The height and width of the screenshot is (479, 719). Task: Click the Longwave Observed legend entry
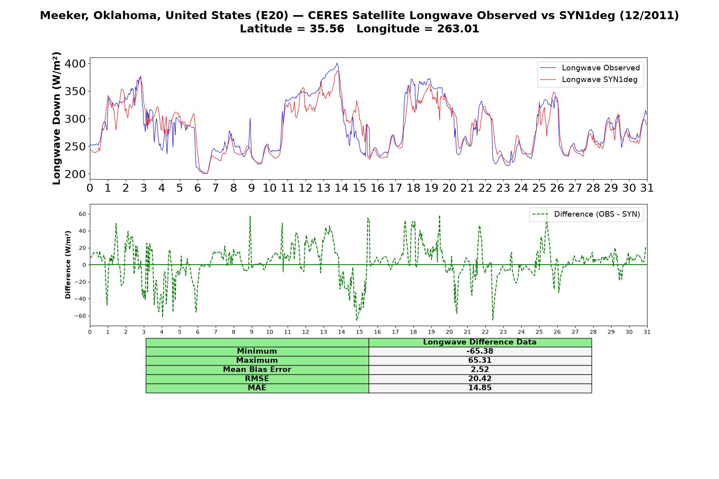[590, 68]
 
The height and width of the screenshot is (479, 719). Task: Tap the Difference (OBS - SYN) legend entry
[586, 214]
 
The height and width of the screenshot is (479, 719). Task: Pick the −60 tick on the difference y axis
[79, 316]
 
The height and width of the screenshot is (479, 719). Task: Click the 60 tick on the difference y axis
[82, 214]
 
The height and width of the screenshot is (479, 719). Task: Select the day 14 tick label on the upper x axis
[341, 188]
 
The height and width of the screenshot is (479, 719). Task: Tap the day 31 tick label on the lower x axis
[647, 332]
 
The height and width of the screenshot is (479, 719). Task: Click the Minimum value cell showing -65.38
[480, 351]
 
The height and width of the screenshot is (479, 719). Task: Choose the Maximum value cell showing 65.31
[480, 360]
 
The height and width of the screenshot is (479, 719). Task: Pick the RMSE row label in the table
[257, 379]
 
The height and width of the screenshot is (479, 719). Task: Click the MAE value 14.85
[480, 388]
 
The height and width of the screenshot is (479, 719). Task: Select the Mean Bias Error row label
[257, 370]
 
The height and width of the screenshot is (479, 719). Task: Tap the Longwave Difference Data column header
[480, 342]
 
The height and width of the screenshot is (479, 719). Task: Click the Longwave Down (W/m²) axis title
[56, 119]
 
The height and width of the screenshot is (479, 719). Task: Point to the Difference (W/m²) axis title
[68, 265]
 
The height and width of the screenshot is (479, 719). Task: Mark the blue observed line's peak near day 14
[337, 63]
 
